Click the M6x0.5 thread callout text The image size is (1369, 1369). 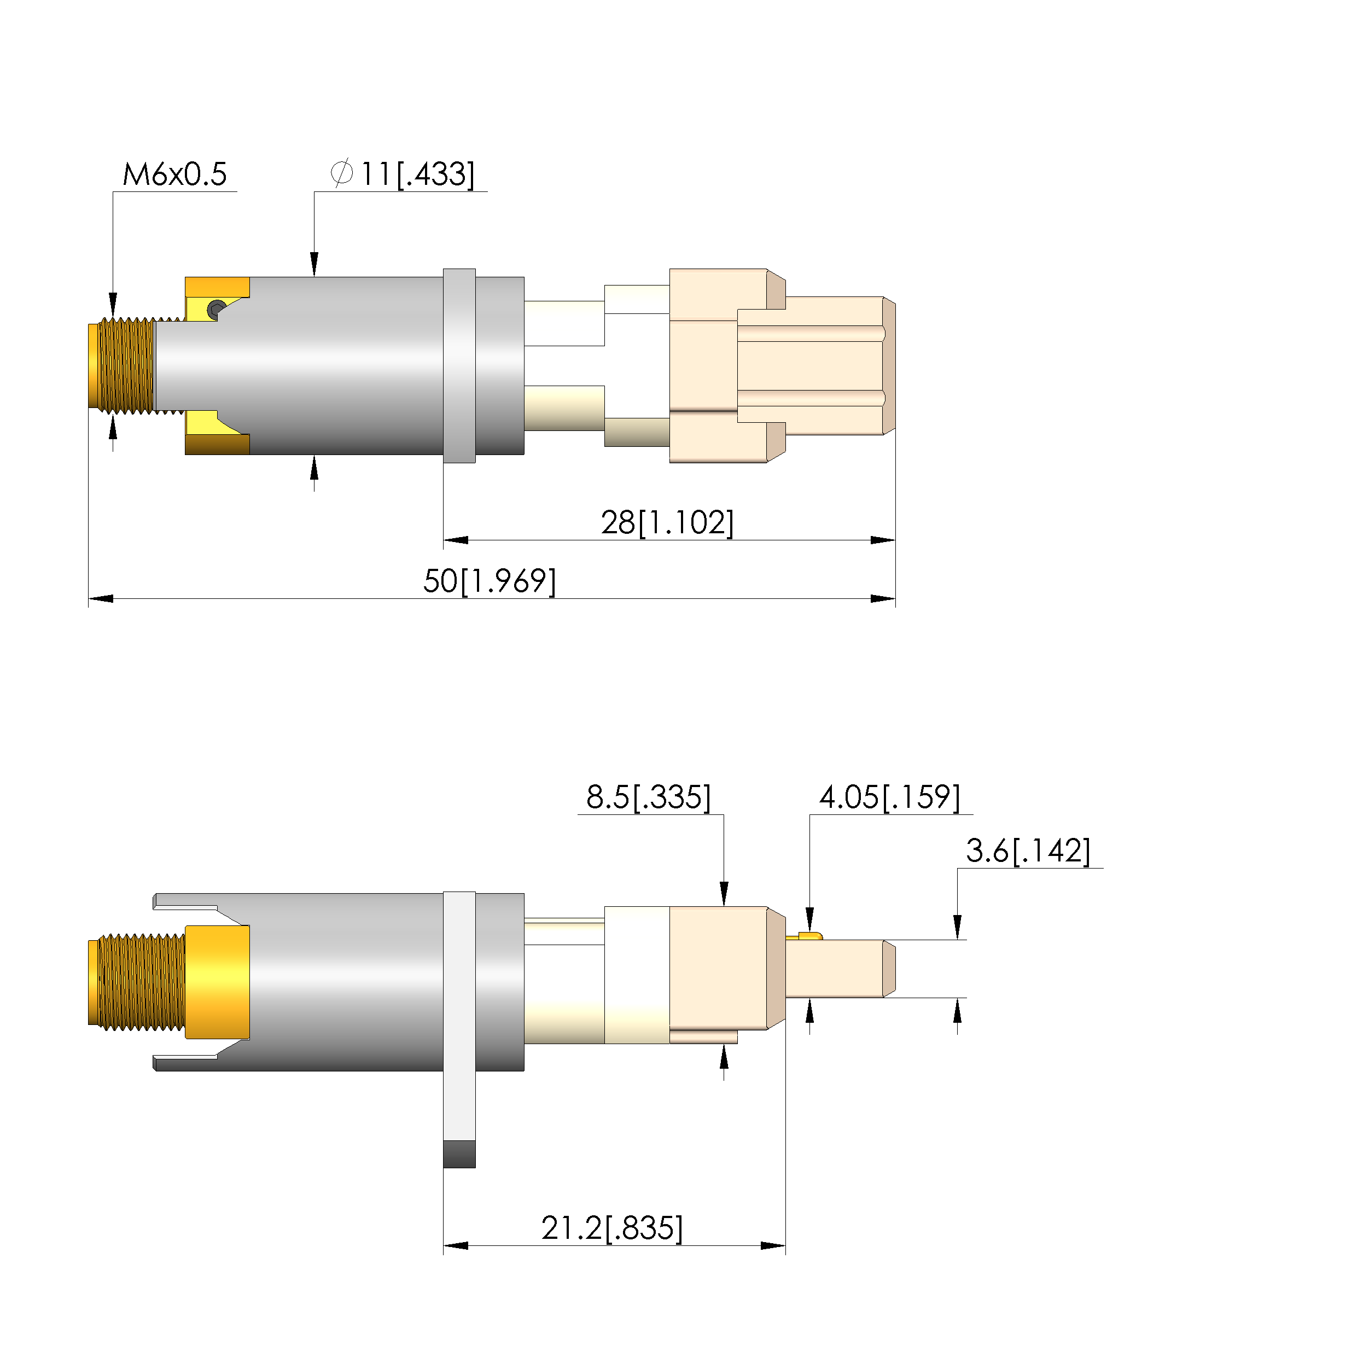point(174,174)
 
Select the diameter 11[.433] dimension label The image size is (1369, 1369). point(403,174)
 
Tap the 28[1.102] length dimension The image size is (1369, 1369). point(667,522)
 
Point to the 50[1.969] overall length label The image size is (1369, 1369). point(489,581)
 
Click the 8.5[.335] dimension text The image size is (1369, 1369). point(648,797)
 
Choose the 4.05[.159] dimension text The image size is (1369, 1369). point(889,797)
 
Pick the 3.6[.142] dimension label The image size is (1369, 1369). point(1028,851)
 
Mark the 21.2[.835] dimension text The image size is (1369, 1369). point(611,1228)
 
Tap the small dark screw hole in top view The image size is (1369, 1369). point(216,309)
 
